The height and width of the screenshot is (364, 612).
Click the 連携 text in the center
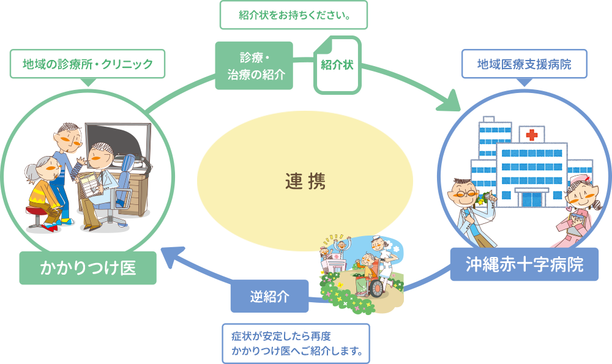pos(305,181)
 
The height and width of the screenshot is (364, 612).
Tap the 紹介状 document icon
pos(337,64)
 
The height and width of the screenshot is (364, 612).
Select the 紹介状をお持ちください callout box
pos(294,15)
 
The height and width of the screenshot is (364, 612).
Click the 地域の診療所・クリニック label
pos(88,64)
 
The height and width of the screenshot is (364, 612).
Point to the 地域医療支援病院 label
pos(524,64)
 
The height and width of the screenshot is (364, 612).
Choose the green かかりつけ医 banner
pos(88,267)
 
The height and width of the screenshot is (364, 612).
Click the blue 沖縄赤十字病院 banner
pos(524,264)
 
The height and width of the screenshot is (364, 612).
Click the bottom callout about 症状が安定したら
pos(296,344)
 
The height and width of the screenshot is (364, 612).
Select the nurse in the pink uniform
pos(576,208)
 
